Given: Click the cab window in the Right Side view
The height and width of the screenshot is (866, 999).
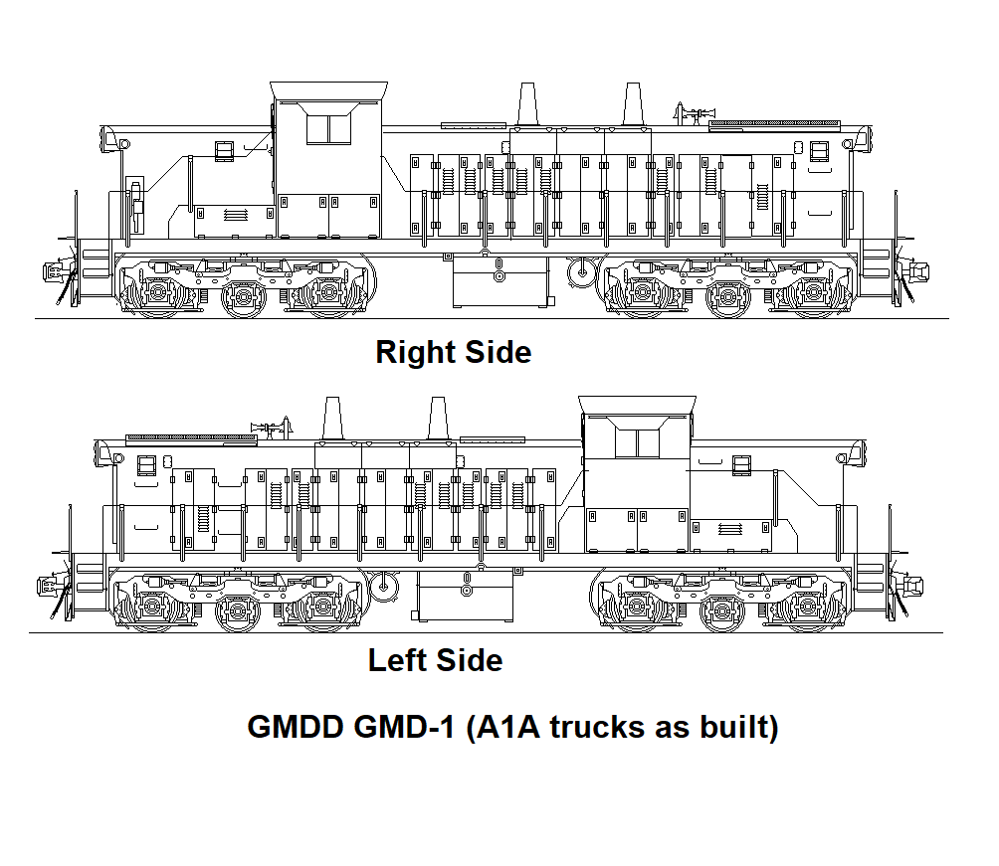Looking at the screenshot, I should (x=329, y=129).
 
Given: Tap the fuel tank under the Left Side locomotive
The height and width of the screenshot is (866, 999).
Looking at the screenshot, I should (x=466, y=594).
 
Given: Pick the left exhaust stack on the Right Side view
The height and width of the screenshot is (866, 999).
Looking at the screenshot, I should (x=527, y=104).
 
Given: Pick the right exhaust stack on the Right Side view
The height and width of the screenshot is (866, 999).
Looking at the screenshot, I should (x=632, y=104).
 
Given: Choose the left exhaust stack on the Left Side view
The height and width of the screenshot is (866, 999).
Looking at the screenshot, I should (x=333, y=417).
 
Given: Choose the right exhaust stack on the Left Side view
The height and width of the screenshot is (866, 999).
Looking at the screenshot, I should (x=437, y=417).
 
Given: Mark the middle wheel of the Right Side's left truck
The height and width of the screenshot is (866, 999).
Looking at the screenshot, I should (x=242, y=296).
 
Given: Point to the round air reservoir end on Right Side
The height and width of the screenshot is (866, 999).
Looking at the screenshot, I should (x=579, y=269).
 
